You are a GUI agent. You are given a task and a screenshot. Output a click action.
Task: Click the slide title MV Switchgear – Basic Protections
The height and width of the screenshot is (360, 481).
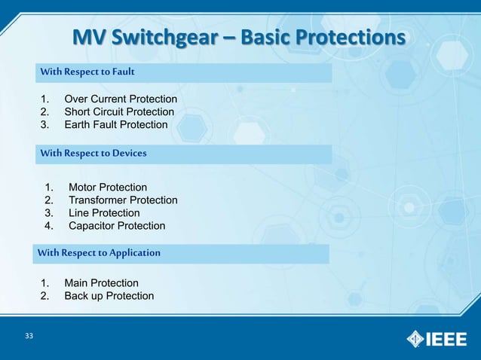[x=238, y=37]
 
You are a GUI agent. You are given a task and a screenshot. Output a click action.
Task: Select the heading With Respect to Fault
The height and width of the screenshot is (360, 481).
[x=87, y=72]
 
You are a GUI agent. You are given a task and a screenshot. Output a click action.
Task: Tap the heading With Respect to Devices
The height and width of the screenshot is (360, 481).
[x=93, y=154]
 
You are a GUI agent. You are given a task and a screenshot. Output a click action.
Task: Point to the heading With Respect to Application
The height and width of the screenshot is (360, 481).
[x=99, y=253]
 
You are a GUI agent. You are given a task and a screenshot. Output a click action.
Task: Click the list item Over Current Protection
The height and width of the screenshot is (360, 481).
[x=121, y=99]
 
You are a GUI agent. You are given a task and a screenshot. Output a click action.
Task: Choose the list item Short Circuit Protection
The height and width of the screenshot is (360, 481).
[x=119, y=112]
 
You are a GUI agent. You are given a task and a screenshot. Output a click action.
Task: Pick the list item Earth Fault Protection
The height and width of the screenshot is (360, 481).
[x=116, y=125]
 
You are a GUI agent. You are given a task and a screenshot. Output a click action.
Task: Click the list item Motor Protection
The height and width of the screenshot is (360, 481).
[x=108, y=188]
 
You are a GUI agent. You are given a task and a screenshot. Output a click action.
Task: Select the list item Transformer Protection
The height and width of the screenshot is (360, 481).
[x=123, y=200]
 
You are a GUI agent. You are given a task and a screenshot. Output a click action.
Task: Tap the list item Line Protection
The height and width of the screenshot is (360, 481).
[x=104, y=213]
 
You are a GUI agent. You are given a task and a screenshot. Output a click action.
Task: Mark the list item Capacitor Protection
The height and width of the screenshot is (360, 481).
[x=117, y=226]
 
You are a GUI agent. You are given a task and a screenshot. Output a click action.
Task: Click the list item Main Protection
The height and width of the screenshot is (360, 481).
[x=101, y=283]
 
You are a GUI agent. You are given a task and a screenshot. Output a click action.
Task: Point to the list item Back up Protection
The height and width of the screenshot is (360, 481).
[x=109, y=296]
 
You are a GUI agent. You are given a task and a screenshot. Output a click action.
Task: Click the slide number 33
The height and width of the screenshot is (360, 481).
[x=29, y=336]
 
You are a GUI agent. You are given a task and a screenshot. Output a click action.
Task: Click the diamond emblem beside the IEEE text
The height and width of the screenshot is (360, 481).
[x=416, y=339]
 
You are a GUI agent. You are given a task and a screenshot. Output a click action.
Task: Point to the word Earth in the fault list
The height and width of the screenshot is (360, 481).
[x=78, y=125]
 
